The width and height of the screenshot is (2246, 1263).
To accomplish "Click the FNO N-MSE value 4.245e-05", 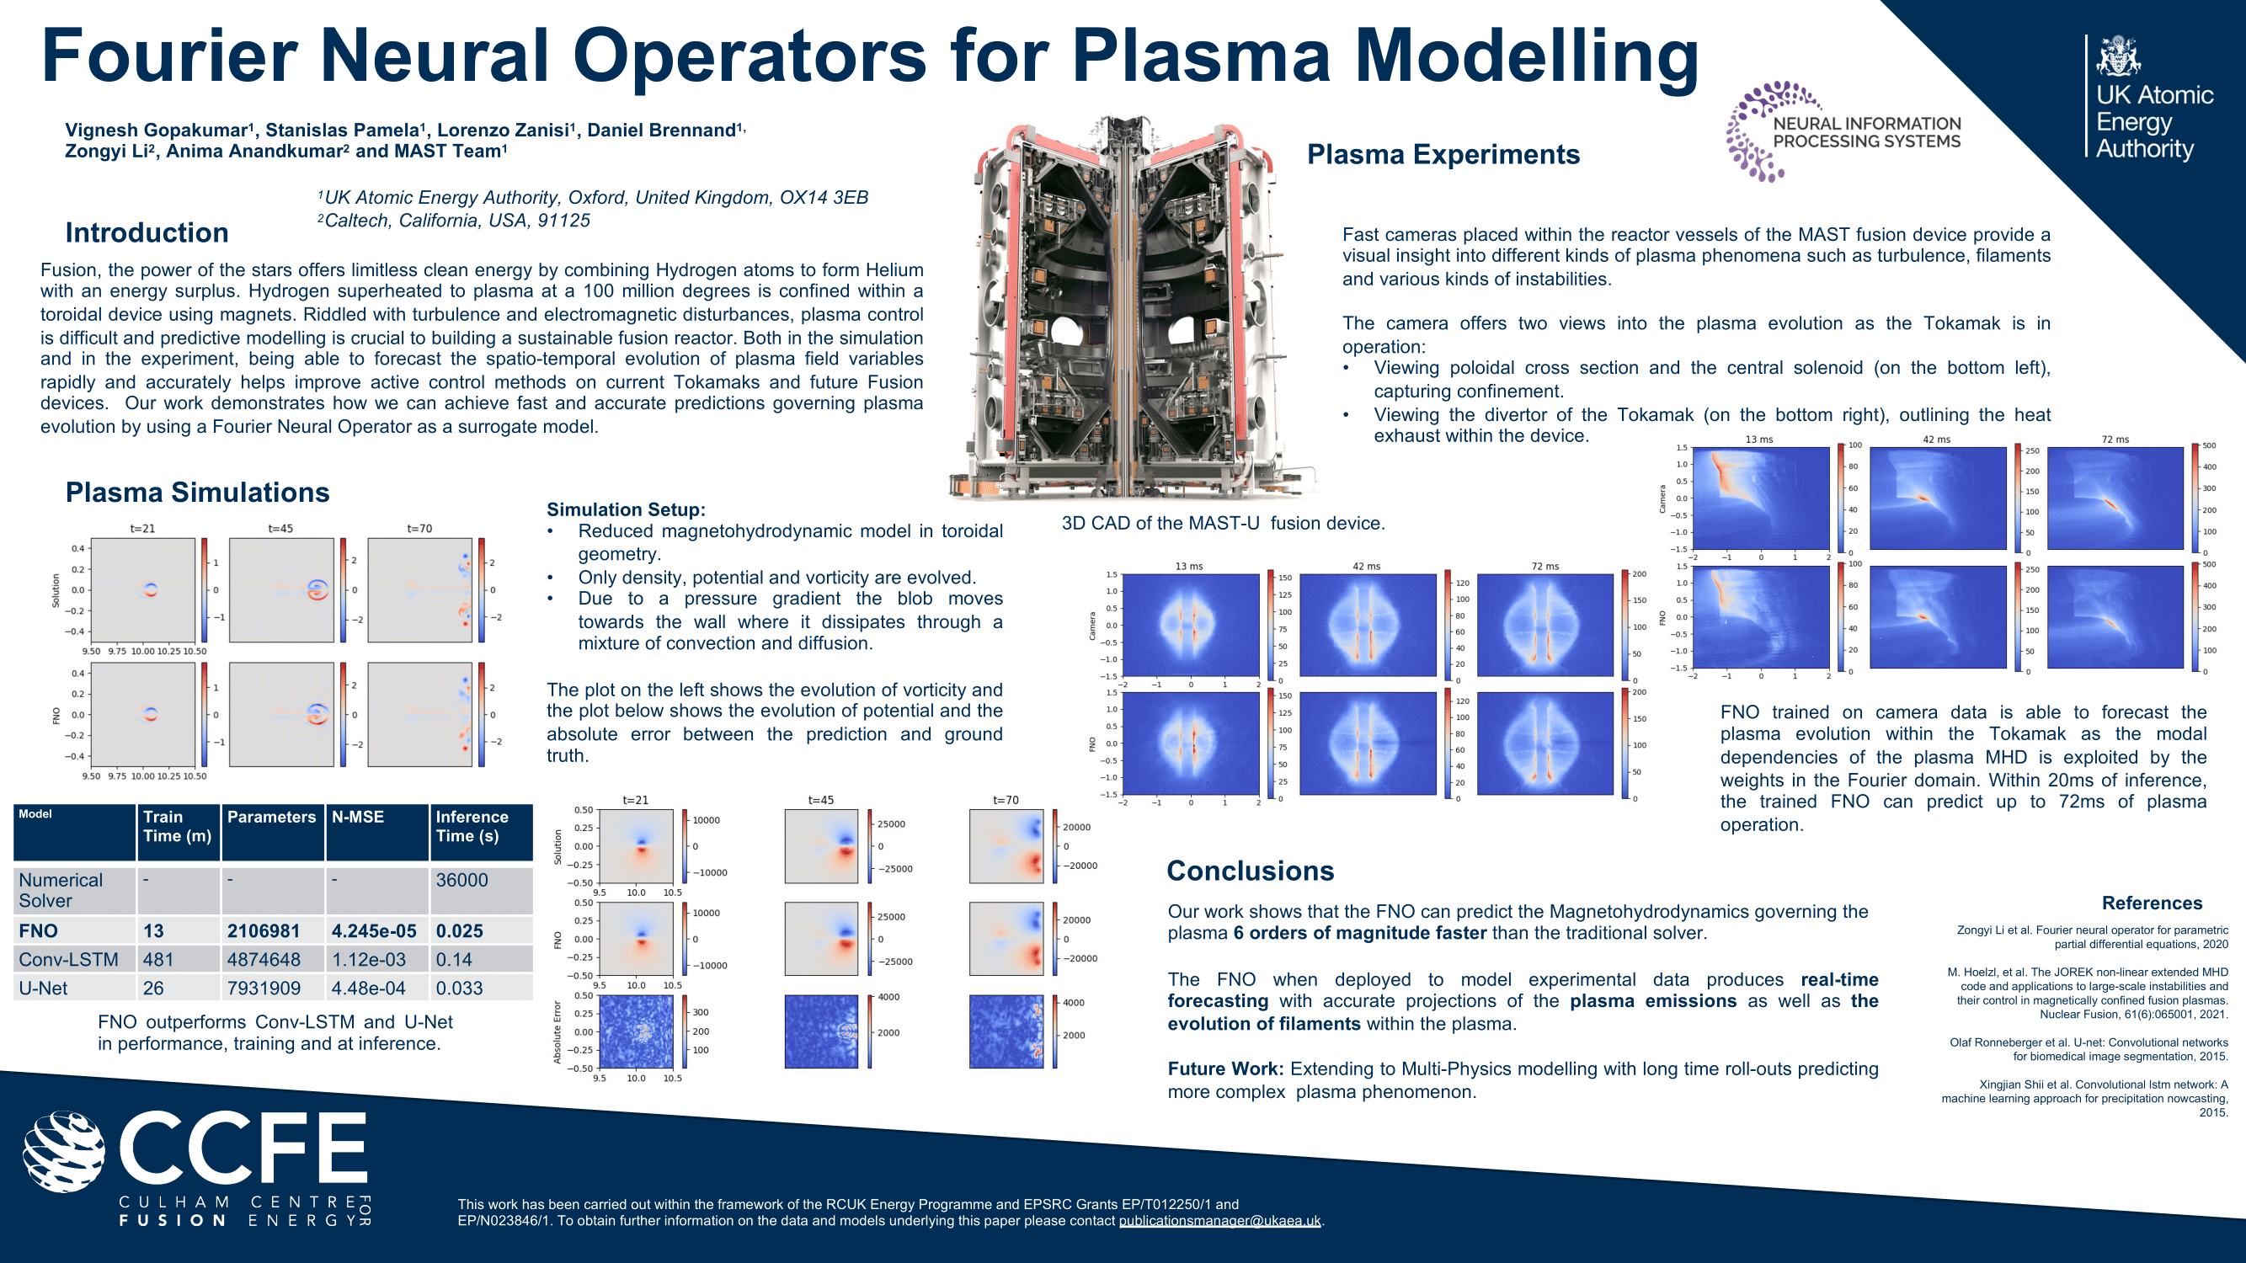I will click(x=373, y=931).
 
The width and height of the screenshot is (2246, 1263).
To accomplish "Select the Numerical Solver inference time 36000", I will click(x=461, y=881).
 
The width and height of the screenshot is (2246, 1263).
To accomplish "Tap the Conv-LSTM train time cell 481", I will click(x=157, y=960).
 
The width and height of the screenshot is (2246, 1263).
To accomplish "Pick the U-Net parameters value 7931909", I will click(x=264, y=989).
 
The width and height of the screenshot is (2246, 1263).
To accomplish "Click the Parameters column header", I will click(x=271, y=817).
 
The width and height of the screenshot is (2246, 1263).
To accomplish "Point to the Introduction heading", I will click(x=147, y=232).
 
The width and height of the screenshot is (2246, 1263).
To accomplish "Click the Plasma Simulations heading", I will click(x=197, y=493).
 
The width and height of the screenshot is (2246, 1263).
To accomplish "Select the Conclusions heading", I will click(x=1250, y=871).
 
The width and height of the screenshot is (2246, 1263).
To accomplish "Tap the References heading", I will click(x=2151, y=903).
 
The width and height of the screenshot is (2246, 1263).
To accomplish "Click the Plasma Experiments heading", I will click(x=1443, y=154).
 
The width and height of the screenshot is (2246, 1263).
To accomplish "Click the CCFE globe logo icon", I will click(x=64, y=1151).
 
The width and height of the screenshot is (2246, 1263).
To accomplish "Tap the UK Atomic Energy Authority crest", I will click(x=2119, y=56).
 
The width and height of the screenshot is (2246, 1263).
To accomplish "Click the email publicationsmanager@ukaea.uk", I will click(x=1219, y=1220).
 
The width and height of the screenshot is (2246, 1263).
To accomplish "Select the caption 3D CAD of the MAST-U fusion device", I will click(x=1223, y=523).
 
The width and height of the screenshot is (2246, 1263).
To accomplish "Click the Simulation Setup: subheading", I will click(x=625, y=510).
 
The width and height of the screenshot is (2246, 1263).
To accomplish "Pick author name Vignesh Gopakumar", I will click(x=156, y=131).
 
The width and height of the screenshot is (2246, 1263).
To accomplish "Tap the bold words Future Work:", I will click(x=1225, y=1068).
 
